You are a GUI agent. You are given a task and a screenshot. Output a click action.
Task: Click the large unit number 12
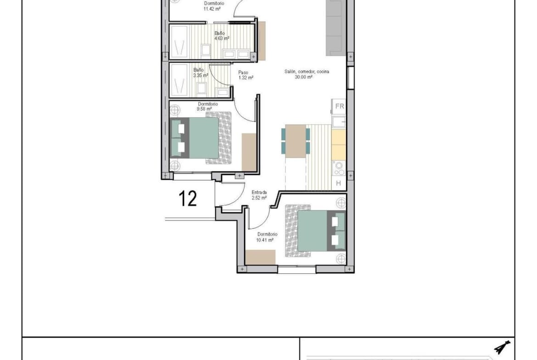coord(188,199)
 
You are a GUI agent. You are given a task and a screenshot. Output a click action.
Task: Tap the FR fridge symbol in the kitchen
coord(339,106)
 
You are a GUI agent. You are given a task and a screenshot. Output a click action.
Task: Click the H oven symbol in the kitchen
coord(339,183)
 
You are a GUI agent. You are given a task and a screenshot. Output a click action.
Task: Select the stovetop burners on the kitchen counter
coord(339,168)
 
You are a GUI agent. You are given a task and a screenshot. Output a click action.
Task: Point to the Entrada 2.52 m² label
coord(259,195)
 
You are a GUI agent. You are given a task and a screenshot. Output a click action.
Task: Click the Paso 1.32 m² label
coord(246,75)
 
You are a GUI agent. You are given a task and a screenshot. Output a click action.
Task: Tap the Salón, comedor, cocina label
coord(307,72)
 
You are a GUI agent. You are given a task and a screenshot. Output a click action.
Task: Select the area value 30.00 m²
coord(303,78)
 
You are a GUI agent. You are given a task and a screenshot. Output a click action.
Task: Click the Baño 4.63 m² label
coord(221,36)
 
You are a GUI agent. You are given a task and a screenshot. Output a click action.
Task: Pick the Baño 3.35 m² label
coord(201,72)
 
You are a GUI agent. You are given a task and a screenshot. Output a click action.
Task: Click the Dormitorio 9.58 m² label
coord(207,106)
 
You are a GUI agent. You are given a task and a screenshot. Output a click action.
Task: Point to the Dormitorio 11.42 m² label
coord(214,6)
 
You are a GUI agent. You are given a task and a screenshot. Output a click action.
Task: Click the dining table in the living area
coord(296,141)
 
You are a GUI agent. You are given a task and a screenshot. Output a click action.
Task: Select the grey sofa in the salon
coord(336,28)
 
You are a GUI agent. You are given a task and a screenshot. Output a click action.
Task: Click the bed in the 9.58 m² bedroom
coord(201,138)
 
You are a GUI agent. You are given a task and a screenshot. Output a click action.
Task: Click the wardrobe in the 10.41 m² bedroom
coord(260,257)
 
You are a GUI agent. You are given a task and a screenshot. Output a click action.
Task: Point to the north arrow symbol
coord(502,347)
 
